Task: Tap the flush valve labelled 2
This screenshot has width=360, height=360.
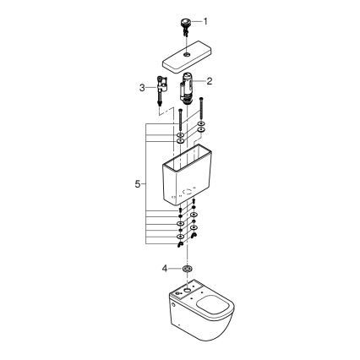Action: (x=188, y=87)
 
